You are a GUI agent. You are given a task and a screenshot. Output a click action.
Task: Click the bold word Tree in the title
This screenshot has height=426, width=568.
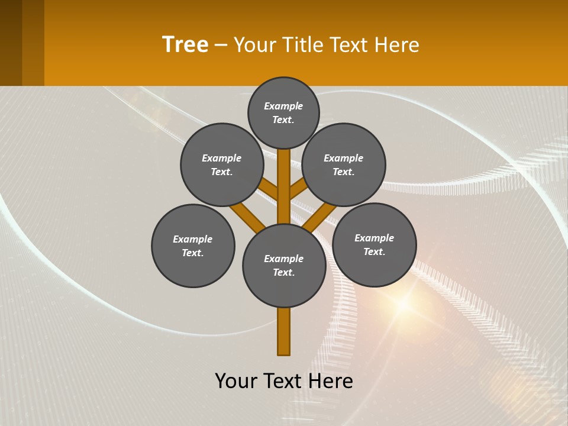coord(185,45)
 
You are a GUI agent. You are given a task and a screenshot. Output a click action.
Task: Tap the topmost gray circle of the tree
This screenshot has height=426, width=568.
coord(283,112)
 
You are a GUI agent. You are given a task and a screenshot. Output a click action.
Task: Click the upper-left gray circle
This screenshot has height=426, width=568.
coord(222,164)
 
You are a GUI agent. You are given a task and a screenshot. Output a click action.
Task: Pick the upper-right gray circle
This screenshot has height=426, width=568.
coord(344,164)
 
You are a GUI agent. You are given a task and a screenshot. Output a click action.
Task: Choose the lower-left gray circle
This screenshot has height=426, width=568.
coord(193,246)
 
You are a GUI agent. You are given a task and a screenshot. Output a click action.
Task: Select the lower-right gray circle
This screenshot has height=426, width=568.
coord(374,244)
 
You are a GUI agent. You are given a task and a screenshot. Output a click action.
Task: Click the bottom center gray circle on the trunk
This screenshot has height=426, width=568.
coord(284,266)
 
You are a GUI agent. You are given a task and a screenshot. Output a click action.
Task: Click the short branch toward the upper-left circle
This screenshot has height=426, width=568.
coord(269,189)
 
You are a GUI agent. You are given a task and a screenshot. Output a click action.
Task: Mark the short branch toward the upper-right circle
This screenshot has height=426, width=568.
coord(298,189)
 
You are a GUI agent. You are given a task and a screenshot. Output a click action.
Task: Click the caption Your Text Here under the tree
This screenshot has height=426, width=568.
coord(284,381)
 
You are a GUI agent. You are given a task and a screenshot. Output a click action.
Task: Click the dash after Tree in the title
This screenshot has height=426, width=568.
coord(221,46)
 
